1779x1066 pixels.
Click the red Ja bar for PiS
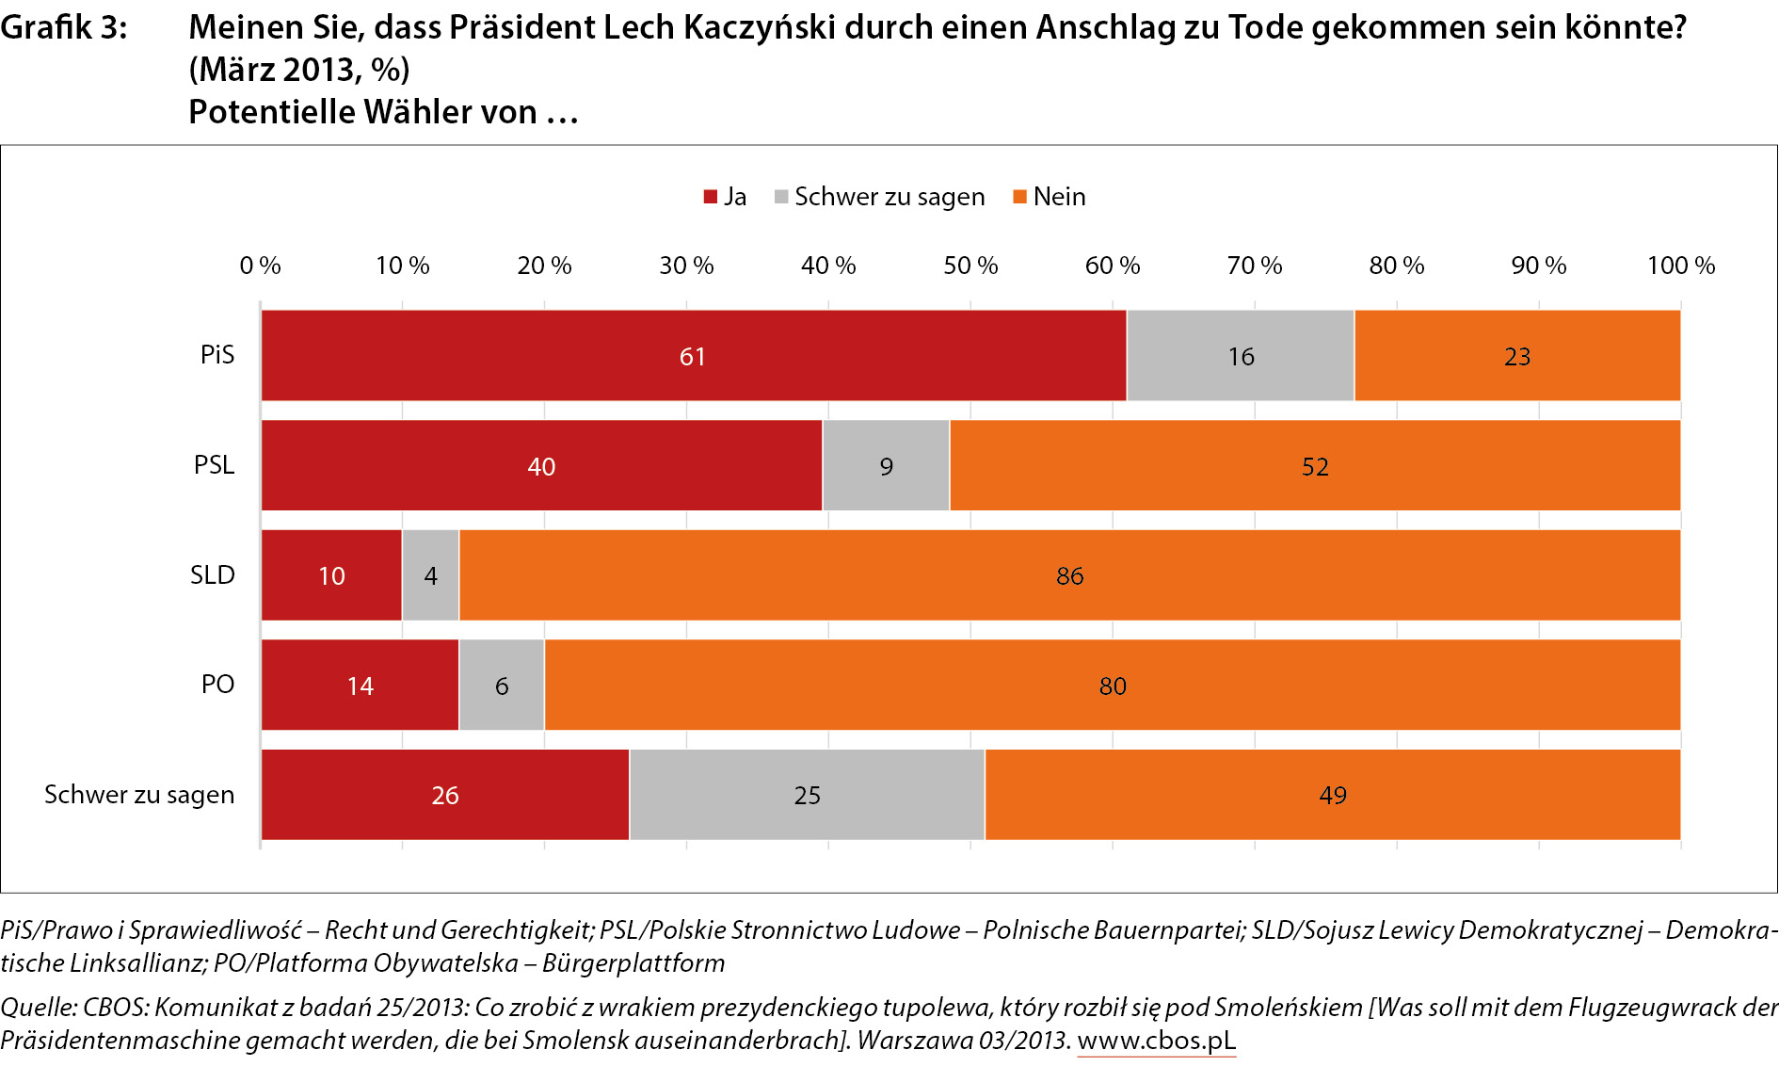click(x=693, y=356)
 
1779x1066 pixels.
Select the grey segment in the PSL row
click(x=886, y=466)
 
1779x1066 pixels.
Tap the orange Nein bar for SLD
click(x=1069, y=575)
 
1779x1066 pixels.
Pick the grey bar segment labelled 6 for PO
click(x=502, y=686)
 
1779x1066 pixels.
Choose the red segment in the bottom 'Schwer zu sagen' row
click(x=444, y=795)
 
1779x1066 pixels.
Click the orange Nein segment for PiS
click(x=1516, y=356)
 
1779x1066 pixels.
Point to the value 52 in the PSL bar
click(x=1315, y=467)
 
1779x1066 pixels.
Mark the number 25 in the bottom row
click(x=807, y=796)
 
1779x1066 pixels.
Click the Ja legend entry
click(x=726, y=197)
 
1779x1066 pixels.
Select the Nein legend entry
click(x=1050, y=197)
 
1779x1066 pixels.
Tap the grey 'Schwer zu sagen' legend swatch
click(x=781, y=197)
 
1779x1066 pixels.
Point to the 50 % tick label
click(x=970, y=266)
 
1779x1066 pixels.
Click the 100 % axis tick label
click(x=1680, y=266)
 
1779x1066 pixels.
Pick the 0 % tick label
click(x=260, y=266)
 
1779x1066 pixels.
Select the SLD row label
click(x=213, y=575)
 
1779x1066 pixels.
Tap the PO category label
click(x=217, y=685)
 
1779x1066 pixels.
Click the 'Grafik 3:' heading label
click(x=63, y=28)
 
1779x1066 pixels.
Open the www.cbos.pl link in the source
click(x=1156, y=1041)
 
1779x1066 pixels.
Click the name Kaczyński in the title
click(x=759, y=28)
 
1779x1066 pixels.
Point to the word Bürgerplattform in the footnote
click(x=633, y=963)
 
